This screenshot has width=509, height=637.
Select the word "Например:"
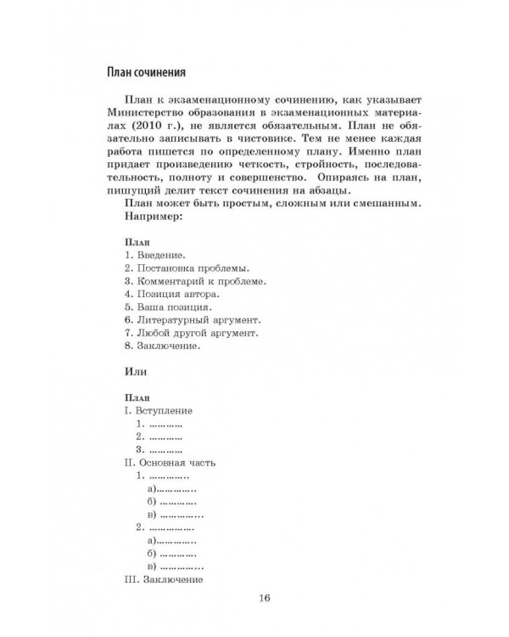click(x=153, y=216)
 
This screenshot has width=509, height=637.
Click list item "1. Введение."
click(x=155, y=254)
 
